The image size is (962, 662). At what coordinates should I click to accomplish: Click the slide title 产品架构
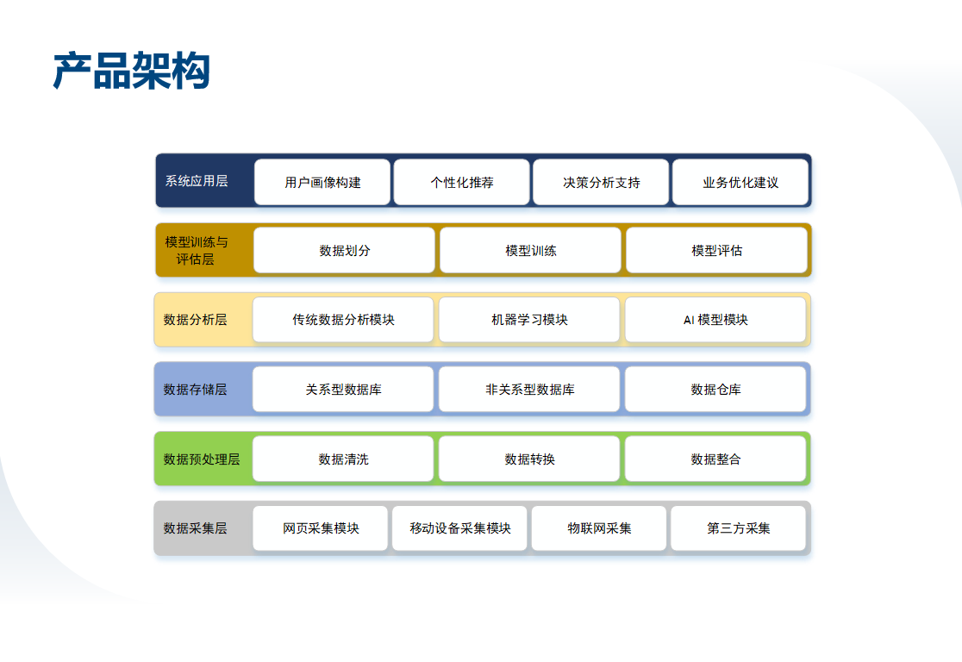coord(131,71)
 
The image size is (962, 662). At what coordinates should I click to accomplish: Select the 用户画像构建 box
coord(322,182)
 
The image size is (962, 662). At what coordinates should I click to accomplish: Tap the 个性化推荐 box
coord(461,182)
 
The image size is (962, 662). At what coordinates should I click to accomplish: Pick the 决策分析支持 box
coord(601,182)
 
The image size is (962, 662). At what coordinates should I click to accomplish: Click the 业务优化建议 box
coord(740,182)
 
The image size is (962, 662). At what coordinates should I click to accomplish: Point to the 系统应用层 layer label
coord(197,181)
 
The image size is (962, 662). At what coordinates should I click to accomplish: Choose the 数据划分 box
coord(344,250)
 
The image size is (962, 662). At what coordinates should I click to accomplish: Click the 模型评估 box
coord(716,250)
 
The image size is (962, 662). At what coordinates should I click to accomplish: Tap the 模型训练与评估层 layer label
coord(196,250)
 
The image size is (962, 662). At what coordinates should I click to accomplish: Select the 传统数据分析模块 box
coord(343,320)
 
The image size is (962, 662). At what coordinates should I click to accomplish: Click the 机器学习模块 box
coord(529,320)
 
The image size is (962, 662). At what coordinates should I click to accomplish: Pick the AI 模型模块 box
coord(715,320)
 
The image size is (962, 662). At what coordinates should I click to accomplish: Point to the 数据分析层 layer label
coord(195,320)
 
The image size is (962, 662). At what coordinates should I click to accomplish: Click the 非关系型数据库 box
coord(529,390)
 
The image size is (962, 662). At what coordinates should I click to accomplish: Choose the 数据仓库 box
coord(715,390)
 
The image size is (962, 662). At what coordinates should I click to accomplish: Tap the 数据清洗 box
coord(343,459)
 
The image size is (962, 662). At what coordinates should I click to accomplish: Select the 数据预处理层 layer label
coord(201,459)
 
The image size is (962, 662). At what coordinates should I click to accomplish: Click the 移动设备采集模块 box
coord(459,528)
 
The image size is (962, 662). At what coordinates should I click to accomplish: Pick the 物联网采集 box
coord(599,528)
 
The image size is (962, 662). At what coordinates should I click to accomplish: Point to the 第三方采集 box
coord(738,528)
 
